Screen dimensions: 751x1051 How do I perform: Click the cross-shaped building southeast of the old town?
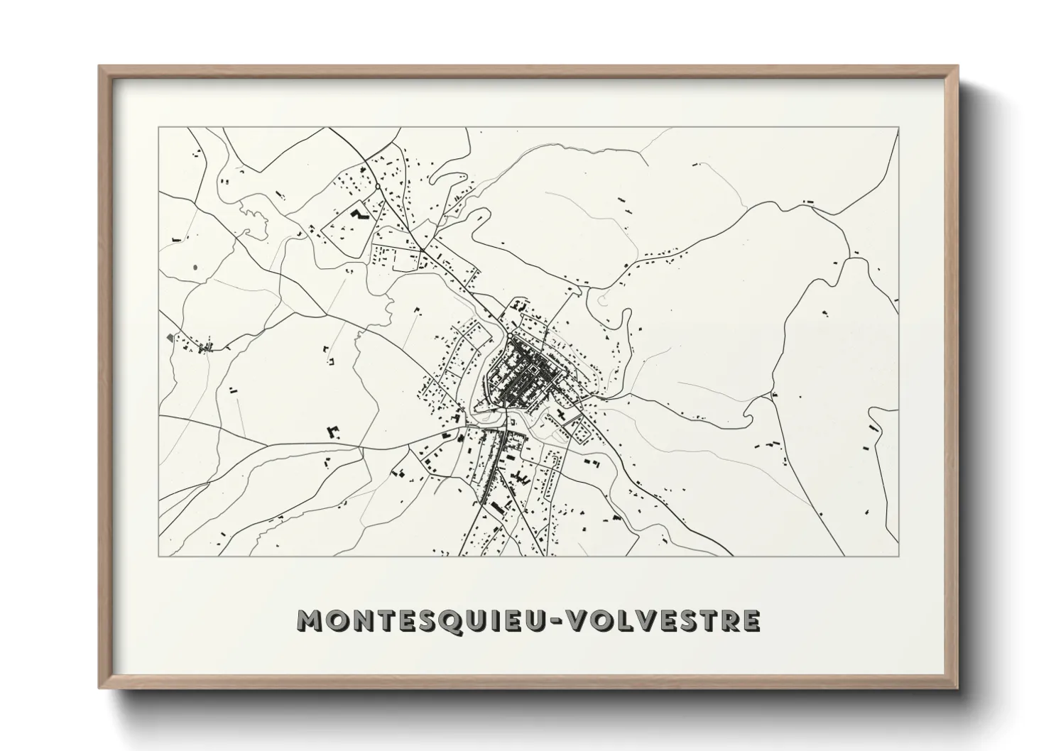tap(562, 415)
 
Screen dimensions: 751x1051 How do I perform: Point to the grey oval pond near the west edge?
tap(194, 268)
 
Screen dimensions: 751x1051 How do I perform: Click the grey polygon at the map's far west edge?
tap(168, 336)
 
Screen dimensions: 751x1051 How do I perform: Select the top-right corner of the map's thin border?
tap(899, 128)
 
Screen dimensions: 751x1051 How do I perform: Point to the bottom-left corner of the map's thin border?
tap(158, 556)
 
